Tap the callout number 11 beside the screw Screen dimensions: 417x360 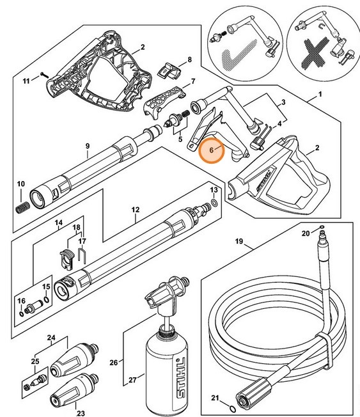26,81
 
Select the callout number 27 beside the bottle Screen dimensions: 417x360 132,380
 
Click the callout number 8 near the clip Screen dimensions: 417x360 189,60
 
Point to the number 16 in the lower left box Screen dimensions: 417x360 21,301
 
